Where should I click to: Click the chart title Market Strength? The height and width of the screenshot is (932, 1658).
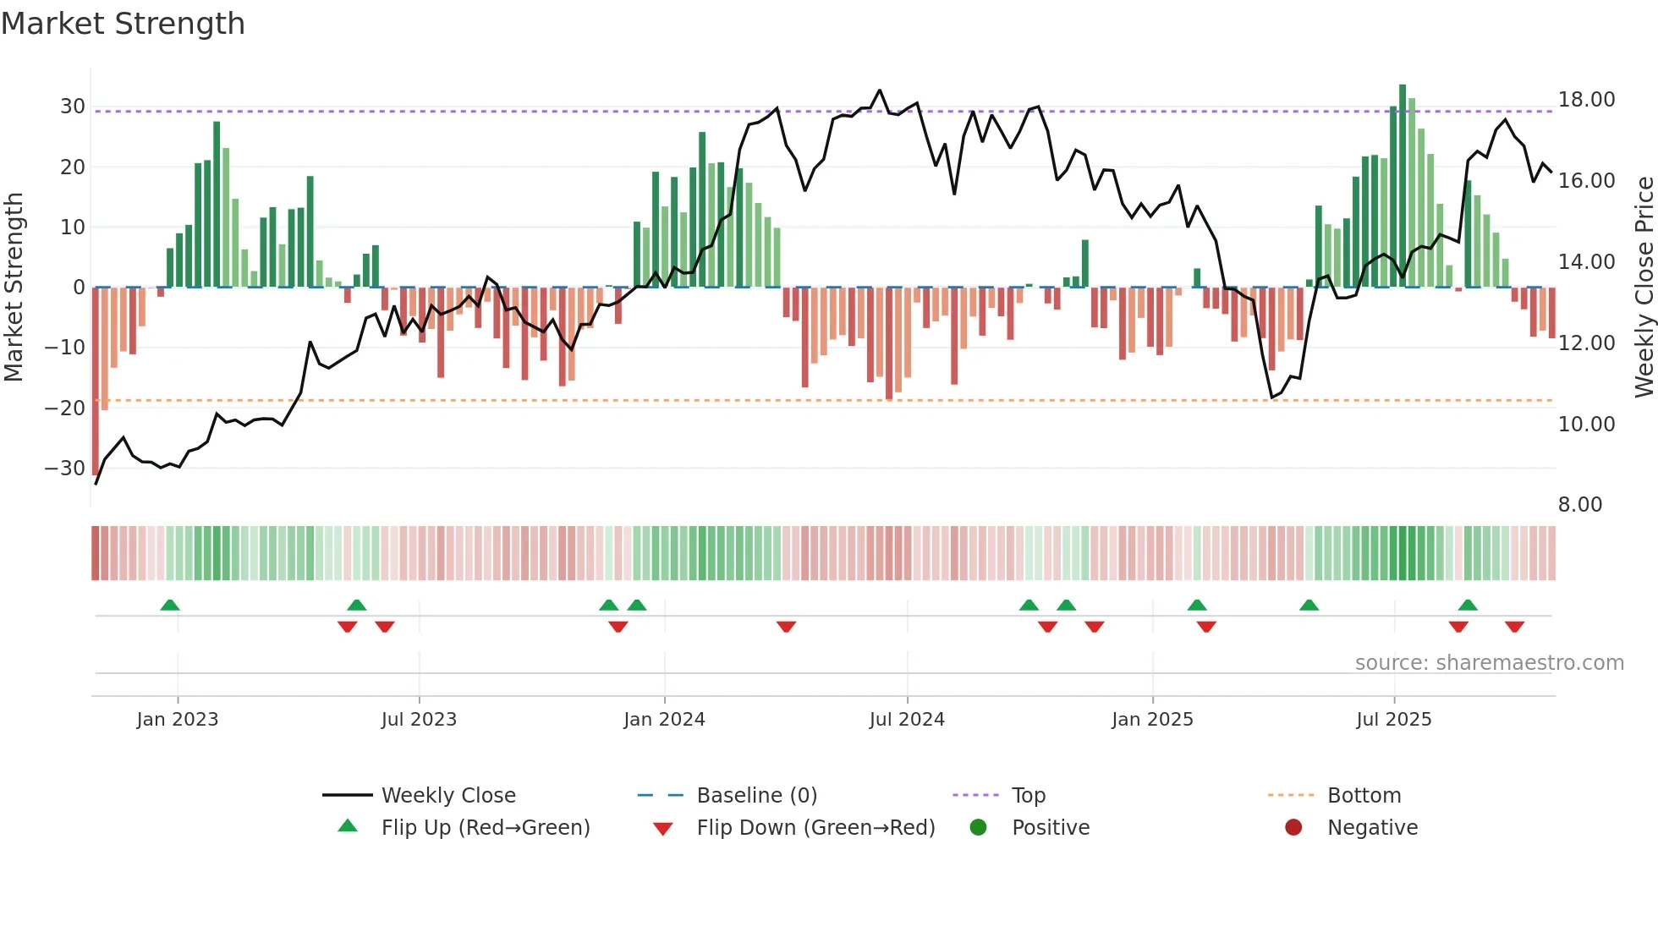click(123, 24)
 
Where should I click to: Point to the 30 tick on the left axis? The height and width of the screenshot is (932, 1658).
click(72, 107)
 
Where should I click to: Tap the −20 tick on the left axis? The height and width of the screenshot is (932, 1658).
click(65, 408)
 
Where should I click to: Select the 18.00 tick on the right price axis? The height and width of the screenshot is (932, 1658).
click(1586, 100)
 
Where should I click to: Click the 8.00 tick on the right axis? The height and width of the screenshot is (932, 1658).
click(1579, 505)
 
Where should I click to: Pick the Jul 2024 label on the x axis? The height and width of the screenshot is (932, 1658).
click(906, 720)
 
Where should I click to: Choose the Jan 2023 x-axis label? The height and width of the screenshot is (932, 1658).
click(177, 720)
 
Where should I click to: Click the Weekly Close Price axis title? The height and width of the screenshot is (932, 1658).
click(1644, 288)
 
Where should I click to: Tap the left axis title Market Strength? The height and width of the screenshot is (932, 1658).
click(14, 288)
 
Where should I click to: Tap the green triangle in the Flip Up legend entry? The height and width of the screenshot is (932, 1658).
click(348, 826)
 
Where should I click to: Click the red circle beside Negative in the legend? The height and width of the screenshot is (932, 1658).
click(1293, 827)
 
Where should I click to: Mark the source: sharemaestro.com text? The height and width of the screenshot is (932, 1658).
click(1489, 663)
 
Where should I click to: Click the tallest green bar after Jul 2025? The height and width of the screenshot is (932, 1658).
click(1402, 186)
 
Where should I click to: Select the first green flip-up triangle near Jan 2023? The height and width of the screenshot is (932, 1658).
click(170, 605)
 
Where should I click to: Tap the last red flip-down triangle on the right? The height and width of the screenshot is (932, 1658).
click(1514, 627)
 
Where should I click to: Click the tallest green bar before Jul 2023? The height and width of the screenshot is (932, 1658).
click(217, 205)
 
